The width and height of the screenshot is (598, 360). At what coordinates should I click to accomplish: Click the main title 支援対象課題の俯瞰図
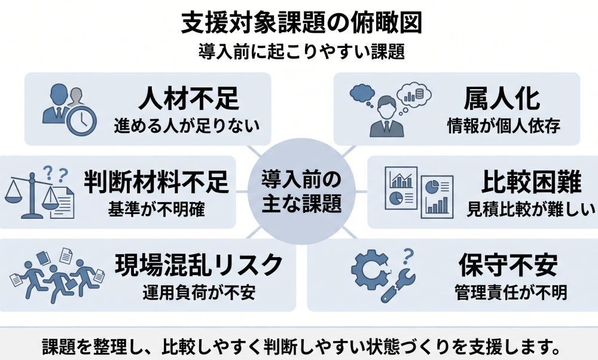click(x=301, y=23)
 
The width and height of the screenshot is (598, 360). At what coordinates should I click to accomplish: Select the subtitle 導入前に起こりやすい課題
click(x=301, y=51)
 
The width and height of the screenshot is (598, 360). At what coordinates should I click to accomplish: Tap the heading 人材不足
click(x=189, y=98)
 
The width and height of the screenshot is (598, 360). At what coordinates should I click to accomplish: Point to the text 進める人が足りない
click(x=187, y=126)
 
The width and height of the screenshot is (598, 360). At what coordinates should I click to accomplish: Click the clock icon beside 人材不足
click(x=81, y=121)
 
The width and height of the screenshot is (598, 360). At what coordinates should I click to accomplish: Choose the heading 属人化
click(x=502, y=99)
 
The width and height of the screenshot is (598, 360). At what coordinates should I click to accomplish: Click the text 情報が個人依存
click(x=504, y=126)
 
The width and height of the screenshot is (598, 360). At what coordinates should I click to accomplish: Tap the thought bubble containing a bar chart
click(x=414, y=94)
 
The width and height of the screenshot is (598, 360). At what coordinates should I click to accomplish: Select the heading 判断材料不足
click(x=156, y=182)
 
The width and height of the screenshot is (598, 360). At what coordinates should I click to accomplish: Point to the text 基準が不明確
click(x=156, y=209)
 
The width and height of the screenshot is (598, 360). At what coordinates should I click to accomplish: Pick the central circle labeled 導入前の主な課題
click(x=301, y=191)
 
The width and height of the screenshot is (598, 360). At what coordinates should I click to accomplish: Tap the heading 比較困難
click(x=531, y=182)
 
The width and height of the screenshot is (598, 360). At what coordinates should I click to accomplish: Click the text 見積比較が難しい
click(x=531, y=209)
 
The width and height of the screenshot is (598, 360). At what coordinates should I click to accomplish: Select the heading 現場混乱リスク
click(x=200, y=264)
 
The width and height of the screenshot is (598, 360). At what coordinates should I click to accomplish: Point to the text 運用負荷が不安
click(x=199, y=292)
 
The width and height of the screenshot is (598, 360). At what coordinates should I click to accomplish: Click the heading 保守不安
click(x=508, y=265)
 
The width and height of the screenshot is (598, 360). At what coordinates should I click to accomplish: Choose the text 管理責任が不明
click(x=511, y=292)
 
